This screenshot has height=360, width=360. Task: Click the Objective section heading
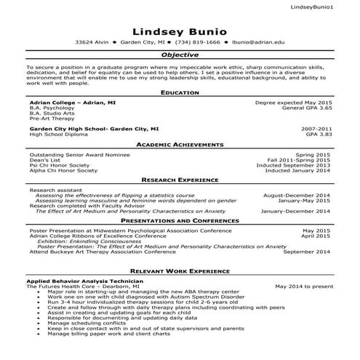point(180,55)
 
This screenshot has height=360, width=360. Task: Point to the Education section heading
point(180,94)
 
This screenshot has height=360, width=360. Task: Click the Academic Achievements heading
point(180,145)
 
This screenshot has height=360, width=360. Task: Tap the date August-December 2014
point(296,196)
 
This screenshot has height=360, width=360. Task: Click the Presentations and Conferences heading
point(180,220)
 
